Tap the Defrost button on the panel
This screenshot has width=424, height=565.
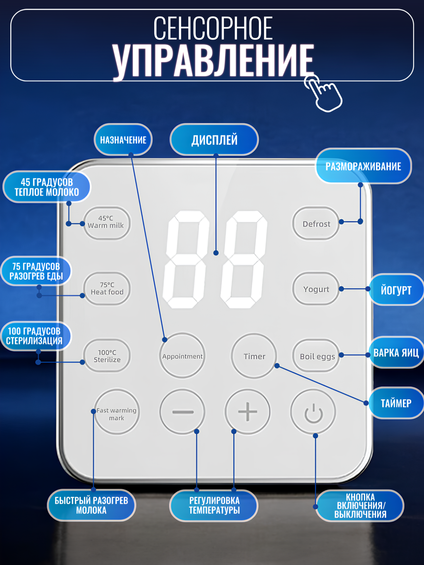[x=316, y=224]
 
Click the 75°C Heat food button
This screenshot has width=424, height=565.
[x=107, y=288]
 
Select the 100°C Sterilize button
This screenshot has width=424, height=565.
[x=107, y=356]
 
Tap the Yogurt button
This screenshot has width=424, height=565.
[x=316, y=289]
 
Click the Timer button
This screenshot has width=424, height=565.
[x=254, y=356]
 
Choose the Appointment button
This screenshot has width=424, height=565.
[x=182, y=356]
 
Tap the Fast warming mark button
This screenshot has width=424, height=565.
[x=117, y=412]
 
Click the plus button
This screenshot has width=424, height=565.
[x=247, y=411]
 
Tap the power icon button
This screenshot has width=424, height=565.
[x=313, y=412]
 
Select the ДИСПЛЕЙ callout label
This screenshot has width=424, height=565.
[x=214, y=140]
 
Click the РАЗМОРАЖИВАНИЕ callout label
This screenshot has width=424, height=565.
[x=363, y=166]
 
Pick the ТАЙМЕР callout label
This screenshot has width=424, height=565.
[x=396, y=403]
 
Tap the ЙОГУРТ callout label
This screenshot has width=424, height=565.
[x=396, y=290]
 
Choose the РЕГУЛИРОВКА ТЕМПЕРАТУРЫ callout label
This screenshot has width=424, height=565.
[x=214, y=505]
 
